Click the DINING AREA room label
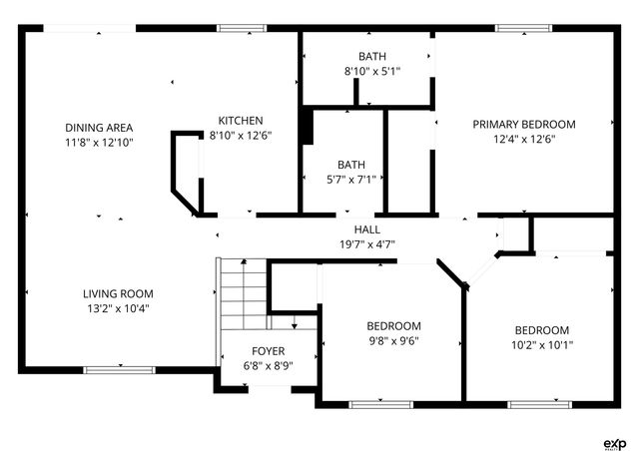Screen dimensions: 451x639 pyautogui.click(x=99, y=127)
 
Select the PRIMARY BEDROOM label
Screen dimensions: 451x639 pyautogui.click(x=523, y=124)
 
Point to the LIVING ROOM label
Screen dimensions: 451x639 pyautogui.click(x=117, y=293)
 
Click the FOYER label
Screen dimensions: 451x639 pyautogui.click(x=268, y=351)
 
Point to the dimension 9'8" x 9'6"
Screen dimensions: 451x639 pyautogui.click(x=393, y=340)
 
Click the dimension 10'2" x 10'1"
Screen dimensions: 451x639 pyautogui.click(x=541, y=345)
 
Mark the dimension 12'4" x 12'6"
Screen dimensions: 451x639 pyautogui.click(x=523, y=139)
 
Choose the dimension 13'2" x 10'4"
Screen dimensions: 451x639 pyautogui.click(x=117, y=308)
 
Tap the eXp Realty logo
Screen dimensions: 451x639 pyautogui.click(x=613, y=442)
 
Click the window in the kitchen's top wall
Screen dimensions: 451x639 pyautogui.click(x=236, y=29)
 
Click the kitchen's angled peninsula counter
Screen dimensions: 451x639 pyautogui.click(x=182, y=170)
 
